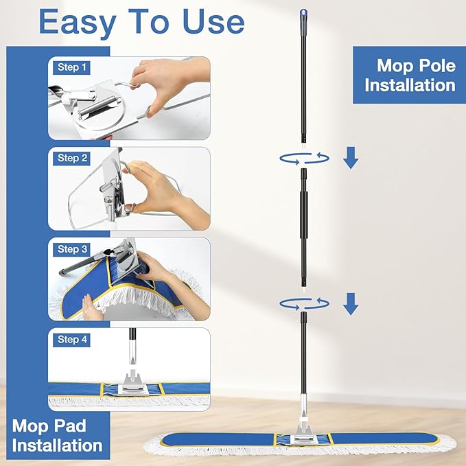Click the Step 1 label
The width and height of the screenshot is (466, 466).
pyautogui.click(x=71, y=67)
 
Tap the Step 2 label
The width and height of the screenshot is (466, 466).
pyautogui.click(x=71, y=158)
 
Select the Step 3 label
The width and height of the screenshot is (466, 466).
pyautogui.click(x=71, y=249)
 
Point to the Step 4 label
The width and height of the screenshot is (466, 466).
pyautogui.click(x=71, y=340)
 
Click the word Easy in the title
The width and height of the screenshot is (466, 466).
pyautogui.click(x=78, y=23)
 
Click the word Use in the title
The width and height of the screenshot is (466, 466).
pyautogui.click(x=213, y=22)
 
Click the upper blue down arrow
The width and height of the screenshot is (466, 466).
pyautogui.click(x=351, y=158)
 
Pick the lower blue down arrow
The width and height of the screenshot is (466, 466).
pyautogui.click(x=351, y=304)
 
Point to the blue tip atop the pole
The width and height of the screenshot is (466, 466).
pyautogui.click(x=303, y=13)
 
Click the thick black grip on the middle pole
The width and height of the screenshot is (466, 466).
pyautogui.click(x=303, y=214)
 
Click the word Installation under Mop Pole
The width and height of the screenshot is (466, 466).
pyautogui.click(x=410, y=85)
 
